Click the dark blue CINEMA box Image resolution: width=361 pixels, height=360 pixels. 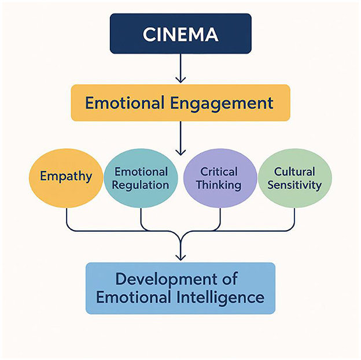pos(181,34)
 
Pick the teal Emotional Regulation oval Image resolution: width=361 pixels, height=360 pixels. pos(141,178)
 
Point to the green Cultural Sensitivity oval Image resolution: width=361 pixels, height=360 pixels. pos(294,178)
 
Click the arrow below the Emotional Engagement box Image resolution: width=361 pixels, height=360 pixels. pos(181,139)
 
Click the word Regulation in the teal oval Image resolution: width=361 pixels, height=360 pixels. pos(141,185)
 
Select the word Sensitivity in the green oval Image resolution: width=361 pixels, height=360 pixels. pos(294,185)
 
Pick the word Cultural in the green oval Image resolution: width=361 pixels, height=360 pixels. pos(294,171)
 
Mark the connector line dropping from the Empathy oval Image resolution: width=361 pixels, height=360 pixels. pos(67,217)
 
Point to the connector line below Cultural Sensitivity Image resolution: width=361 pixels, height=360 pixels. pos(294,217)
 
